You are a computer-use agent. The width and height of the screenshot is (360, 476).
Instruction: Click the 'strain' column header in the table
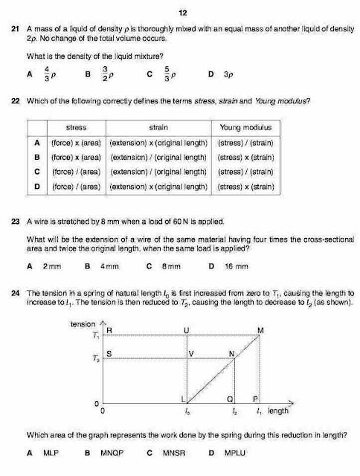158,127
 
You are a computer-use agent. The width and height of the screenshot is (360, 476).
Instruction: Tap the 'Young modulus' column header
245,127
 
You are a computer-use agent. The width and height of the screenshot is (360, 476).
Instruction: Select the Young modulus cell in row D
245,186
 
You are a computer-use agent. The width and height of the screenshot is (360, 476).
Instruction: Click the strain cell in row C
158,172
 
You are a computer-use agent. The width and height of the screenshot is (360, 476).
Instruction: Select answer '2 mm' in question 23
52,266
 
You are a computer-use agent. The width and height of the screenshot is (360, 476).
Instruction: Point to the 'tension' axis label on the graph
82,324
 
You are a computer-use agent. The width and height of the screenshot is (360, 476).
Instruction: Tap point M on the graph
260,330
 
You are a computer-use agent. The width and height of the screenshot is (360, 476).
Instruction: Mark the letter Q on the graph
230,399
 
